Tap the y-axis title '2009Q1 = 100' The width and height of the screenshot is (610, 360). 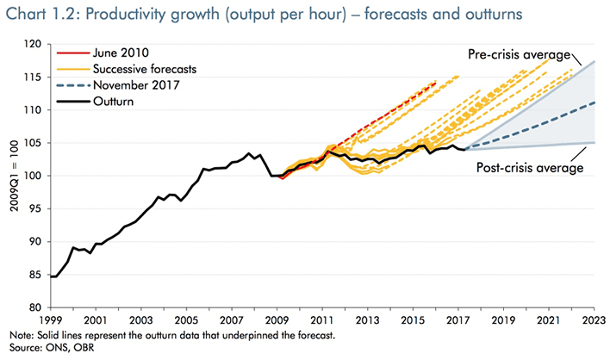(x=12, y=176)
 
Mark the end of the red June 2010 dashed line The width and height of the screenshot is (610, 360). (x=436, y=81)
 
